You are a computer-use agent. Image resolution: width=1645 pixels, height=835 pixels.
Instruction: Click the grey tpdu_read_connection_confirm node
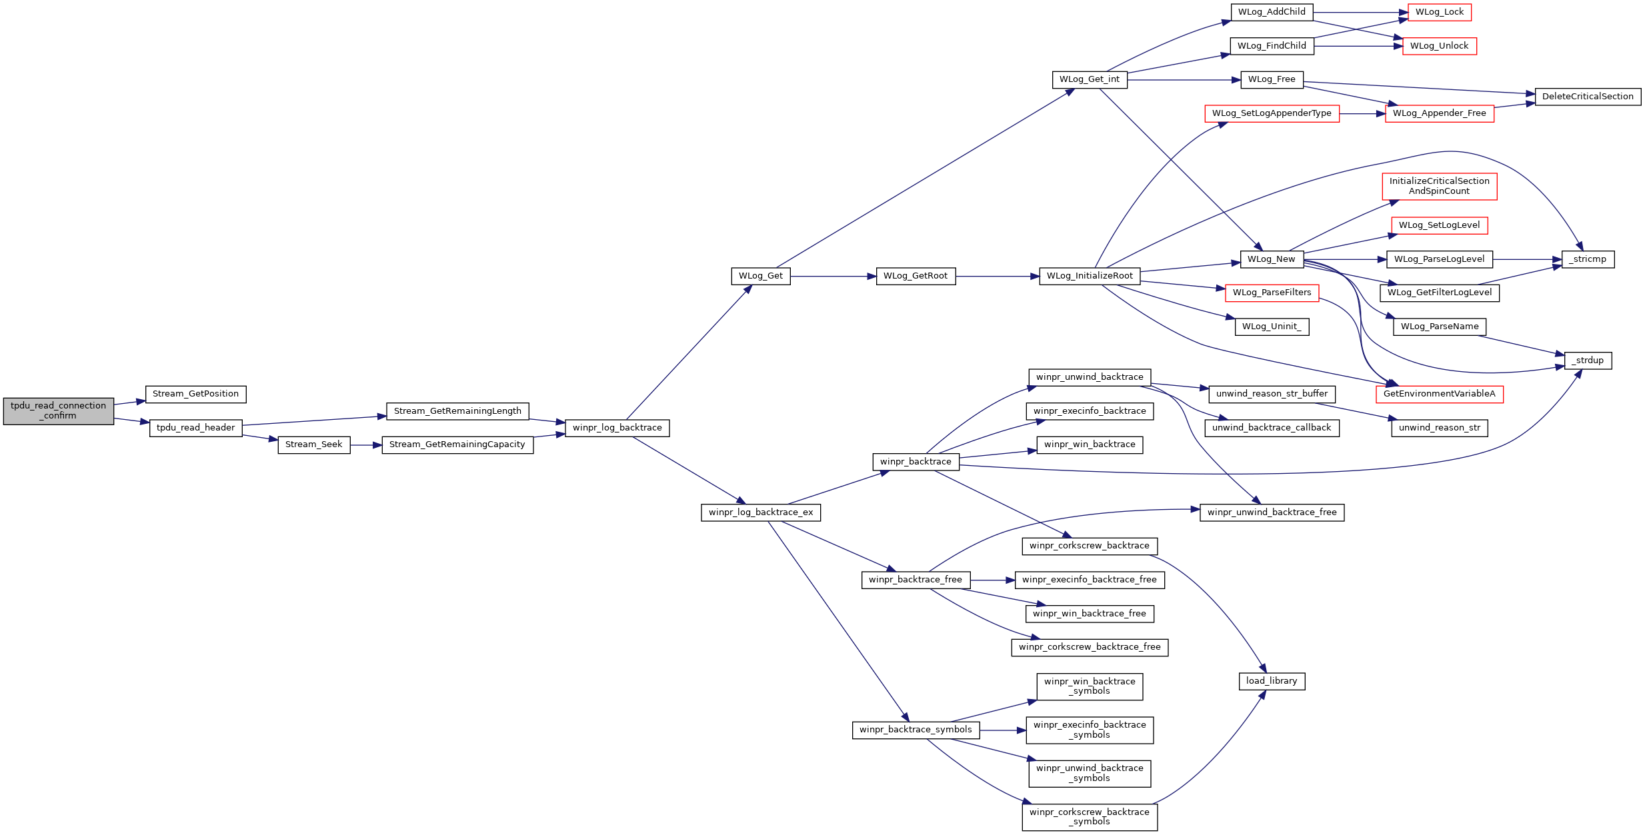tap(59, 411)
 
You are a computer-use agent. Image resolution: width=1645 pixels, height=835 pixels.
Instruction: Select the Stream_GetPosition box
tap(195, 394)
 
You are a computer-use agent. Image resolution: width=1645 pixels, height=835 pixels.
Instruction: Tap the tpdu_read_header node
tap(195, 428)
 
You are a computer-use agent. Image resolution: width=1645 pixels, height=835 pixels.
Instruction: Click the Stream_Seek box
tap(313, 444)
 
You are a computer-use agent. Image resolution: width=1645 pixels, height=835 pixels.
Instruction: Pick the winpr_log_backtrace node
tap(617, 428)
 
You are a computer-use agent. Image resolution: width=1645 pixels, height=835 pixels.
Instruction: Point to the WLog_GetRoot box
tap(915, 276)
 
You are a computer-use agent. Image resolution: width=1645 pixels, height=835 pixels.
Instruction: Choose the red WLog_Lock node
tap(1439, 12)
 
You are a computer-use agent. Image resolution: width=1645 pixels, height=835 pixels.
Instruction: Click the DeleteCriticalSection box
tap(1587, 97)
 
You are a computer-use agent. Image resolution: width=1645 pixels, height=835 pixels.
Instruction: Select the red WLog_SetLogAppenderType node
tap(1271, 113)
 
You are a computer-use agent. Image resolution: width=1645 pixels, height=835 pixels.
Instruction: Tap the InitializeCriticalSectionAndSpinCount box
tap(1439, 186)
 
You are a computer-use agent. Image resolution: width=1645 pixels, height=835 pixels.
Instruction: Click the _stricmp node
tap(1587, 259)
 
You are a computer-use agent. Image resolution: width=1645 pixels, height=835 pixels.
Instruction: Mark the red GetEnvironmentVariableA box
tap(1439, 394)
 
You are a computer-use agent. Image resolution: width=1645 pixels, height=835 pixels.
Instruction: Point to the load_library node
tap(1271, 681)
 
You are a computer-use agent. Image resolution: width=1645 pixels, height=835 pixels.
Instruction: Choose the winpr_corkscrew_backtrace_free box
tap(1089, 647)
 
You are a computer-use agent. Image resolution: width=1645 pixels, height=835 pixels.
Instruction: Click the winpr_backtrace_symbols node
tap(916, 730)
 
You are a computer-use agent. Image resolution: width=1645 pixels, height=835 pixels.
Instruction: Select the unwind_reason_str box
tap(1439, 428)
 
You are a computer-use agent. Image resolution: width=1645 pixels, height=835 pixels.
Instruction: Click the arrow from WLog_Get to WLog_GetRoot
tap(834, 276)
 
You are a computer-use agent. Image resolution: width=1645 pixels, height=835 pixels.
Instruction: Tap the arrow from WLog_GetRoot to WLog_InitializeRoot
tap(997, 276)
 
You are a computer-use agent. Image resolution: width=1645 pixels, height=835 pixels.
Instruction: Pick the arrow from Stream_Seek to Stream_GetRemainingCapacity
tap(366, 444)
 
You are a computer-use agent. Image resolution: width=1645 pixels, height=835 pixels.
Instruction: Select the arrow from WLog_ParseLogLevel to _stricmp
tap(1527, 259)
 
